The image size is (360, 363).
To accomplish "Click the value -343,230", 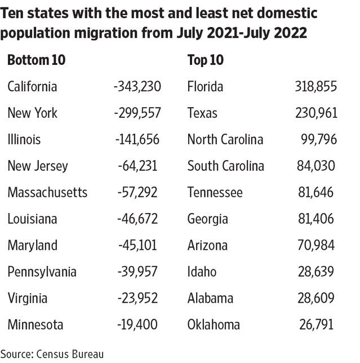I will point(137,87).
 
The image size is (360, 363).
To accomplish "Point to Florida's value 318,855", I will point(315,87).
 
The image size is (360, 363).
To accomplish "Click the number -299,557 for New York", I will point(137,113).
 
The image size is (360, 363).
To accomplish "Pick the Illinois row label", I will point(24,140).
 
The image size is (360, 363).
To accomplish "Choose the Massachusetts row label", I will point(47,193).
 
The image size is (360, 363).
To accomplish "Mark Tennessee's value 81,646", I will point(316,193).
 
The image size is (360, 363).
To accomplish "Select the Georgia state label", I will point(207,219).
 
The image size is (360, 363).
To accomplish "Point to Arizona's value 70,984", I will point(316,246).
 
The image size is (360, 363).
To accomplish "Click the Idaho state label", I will point(202,272).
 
